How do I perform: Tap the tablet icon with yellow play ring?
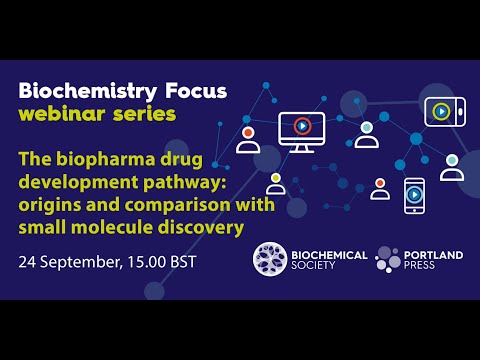pyautogui.click(x=441, y=110)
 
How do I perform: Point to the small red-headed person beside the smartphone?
pyautogui.click(x=380, y=189)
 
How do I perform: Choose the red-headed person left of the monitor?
pyautogui.click(x=248, y=138)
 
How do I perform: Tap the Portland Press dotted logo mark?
pyautogui.click(x=388, y=259)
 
